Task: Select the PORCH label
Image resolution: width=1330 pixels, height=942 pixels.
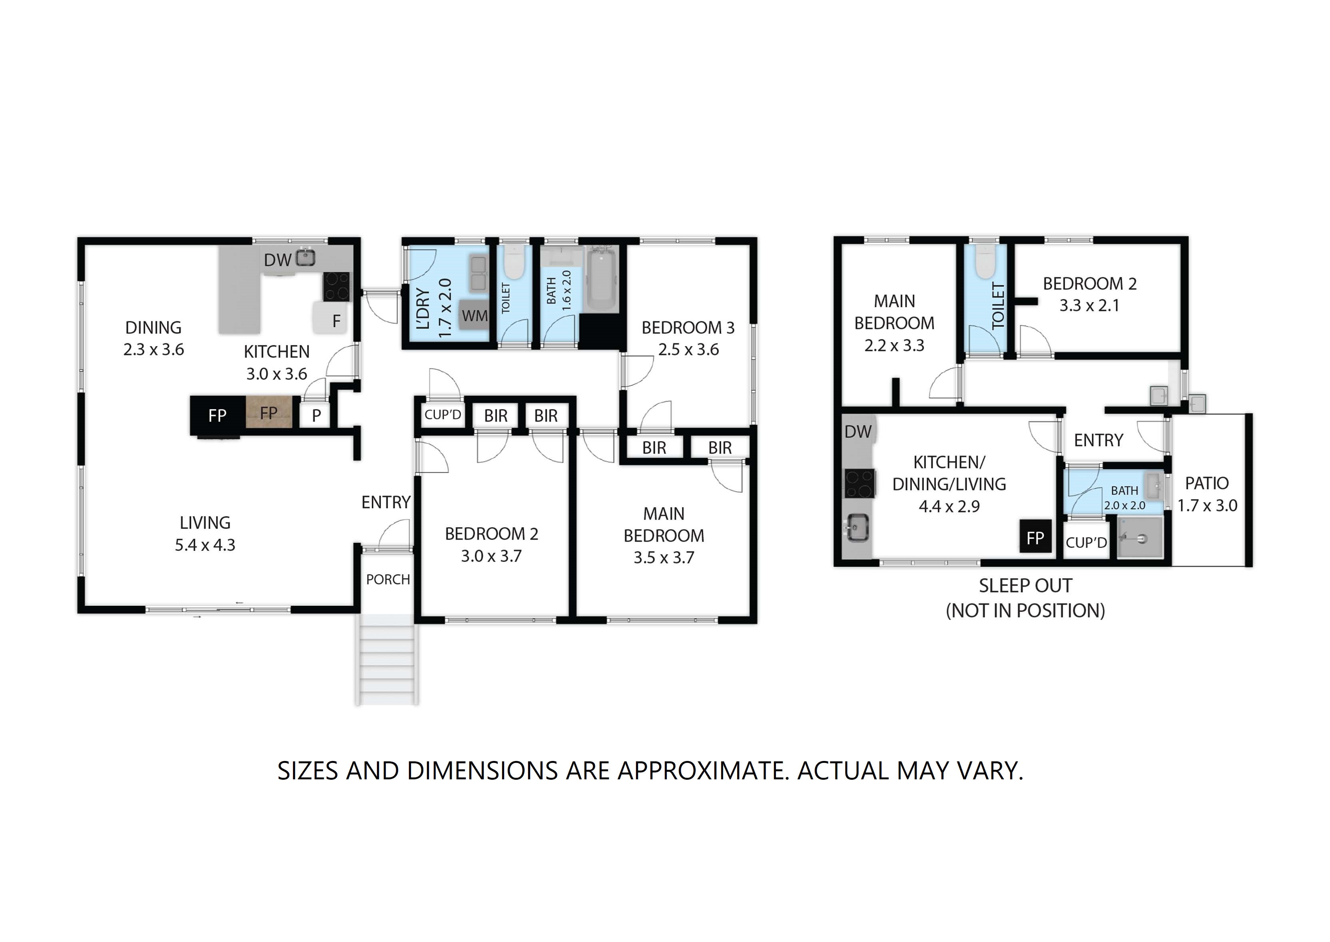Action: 388,580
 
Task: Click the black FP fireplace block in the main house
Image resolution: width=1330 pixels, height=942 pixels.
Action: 217,415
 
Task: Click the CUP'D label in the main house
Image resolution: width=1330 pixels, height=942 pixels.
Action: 443,415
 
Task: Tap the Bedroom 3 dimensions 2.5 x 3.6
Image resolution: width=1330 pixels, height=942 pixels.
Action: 688,350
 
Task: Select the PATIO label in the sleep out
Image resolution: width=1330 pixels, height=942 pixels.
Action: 1207,483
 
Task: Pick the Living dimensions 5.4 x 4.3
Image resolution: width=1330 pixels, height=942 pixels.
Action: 205,545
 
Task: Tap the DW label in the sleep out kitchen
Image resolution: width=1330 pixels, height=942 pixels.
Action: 858,432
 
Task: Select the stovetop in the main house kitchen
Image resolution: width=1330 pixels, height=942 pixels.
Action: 337,287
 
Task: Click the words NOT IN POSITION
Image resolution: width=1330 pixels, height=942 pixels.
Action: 1025,611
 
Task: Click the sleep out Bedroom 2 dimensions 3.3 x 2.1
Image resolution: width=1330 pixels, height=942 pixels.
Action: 1089,306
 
